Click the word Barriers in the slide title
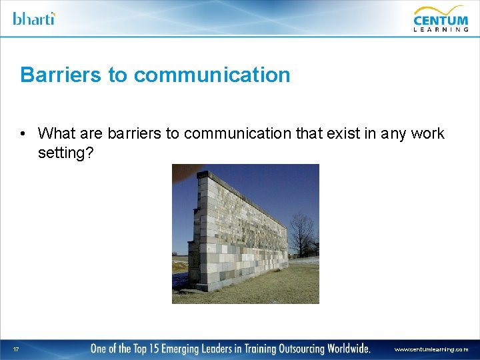pyautogui.click(x=61, y=75)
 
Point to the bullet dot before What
pyautogui.click(x=23, y=133)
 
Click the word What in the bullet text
pyautogui.click(x=56, y=133)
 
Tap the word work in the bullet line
pyautogui.click(x=428, y=133)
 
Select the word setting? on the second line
pyautogui.click(x=66, y=153)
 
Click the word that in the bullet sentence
pyautogui.click(x=309, y=133)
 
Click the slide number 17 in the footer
pyautogui.click(x=15, y=349)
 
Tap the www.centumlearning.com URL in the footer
pyautogui.click(x=431, y=349)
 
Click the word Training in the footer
pyautogui.click(x=243, y=348)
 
